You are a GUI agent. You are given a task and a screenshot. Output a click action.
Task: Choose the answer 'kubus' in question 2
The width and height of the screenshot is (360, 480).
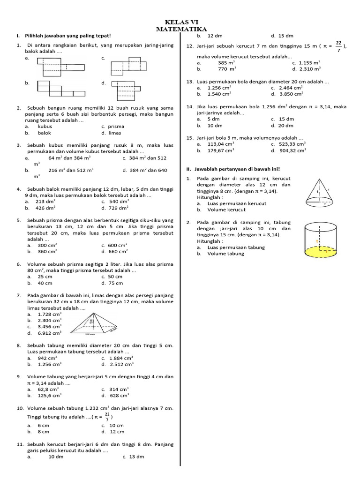[x=45, y=127]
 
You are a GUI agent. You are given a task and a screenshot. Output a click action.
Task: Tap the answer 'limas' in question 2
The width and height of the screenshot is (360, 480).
[x=115, y=133]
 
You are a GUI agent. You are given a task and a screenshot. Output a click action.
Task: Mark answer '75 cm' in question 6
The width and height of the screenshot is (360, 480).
[x=116, y=283]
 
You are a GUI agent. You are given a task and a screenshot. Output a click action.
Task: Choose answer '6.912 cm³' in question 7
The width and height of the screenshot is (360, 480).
[x=50, y=333]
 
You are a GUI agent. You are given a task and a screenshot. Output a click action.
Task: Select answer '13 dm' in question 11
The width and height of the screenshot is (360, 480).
[x=136, y=457]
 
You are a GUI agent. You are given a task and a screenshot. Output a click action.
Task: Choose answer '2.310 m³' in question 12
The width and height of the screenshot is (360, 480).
[x=310, y=69]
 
